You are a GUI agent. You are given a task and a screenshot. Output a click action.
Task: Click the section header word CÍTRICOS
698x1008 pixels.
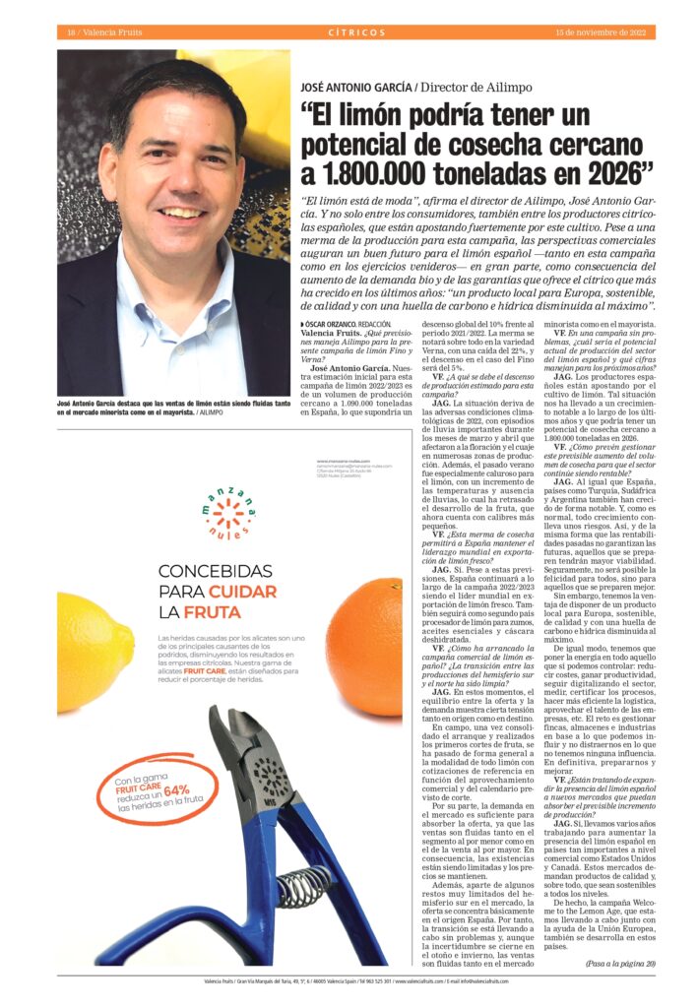click(356, 32)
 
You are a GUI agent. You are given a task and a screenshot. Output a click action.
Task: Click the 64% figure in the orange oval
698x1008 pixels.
click(177, 790)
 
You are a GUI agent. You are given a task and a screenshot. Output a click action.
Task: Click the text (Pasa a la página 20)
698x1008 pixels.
click(620, 962)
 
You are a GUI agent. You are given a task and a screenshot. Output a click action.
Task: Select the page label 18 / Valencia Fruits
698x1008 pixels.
click(94, 32)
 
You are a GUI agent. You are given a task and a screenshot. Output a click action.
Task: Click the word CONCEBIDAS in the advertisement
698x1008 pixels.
click(215, 571)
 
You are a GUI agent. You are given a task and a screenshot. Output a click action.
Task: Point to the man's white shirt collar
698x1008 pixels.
click(177, 285)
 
